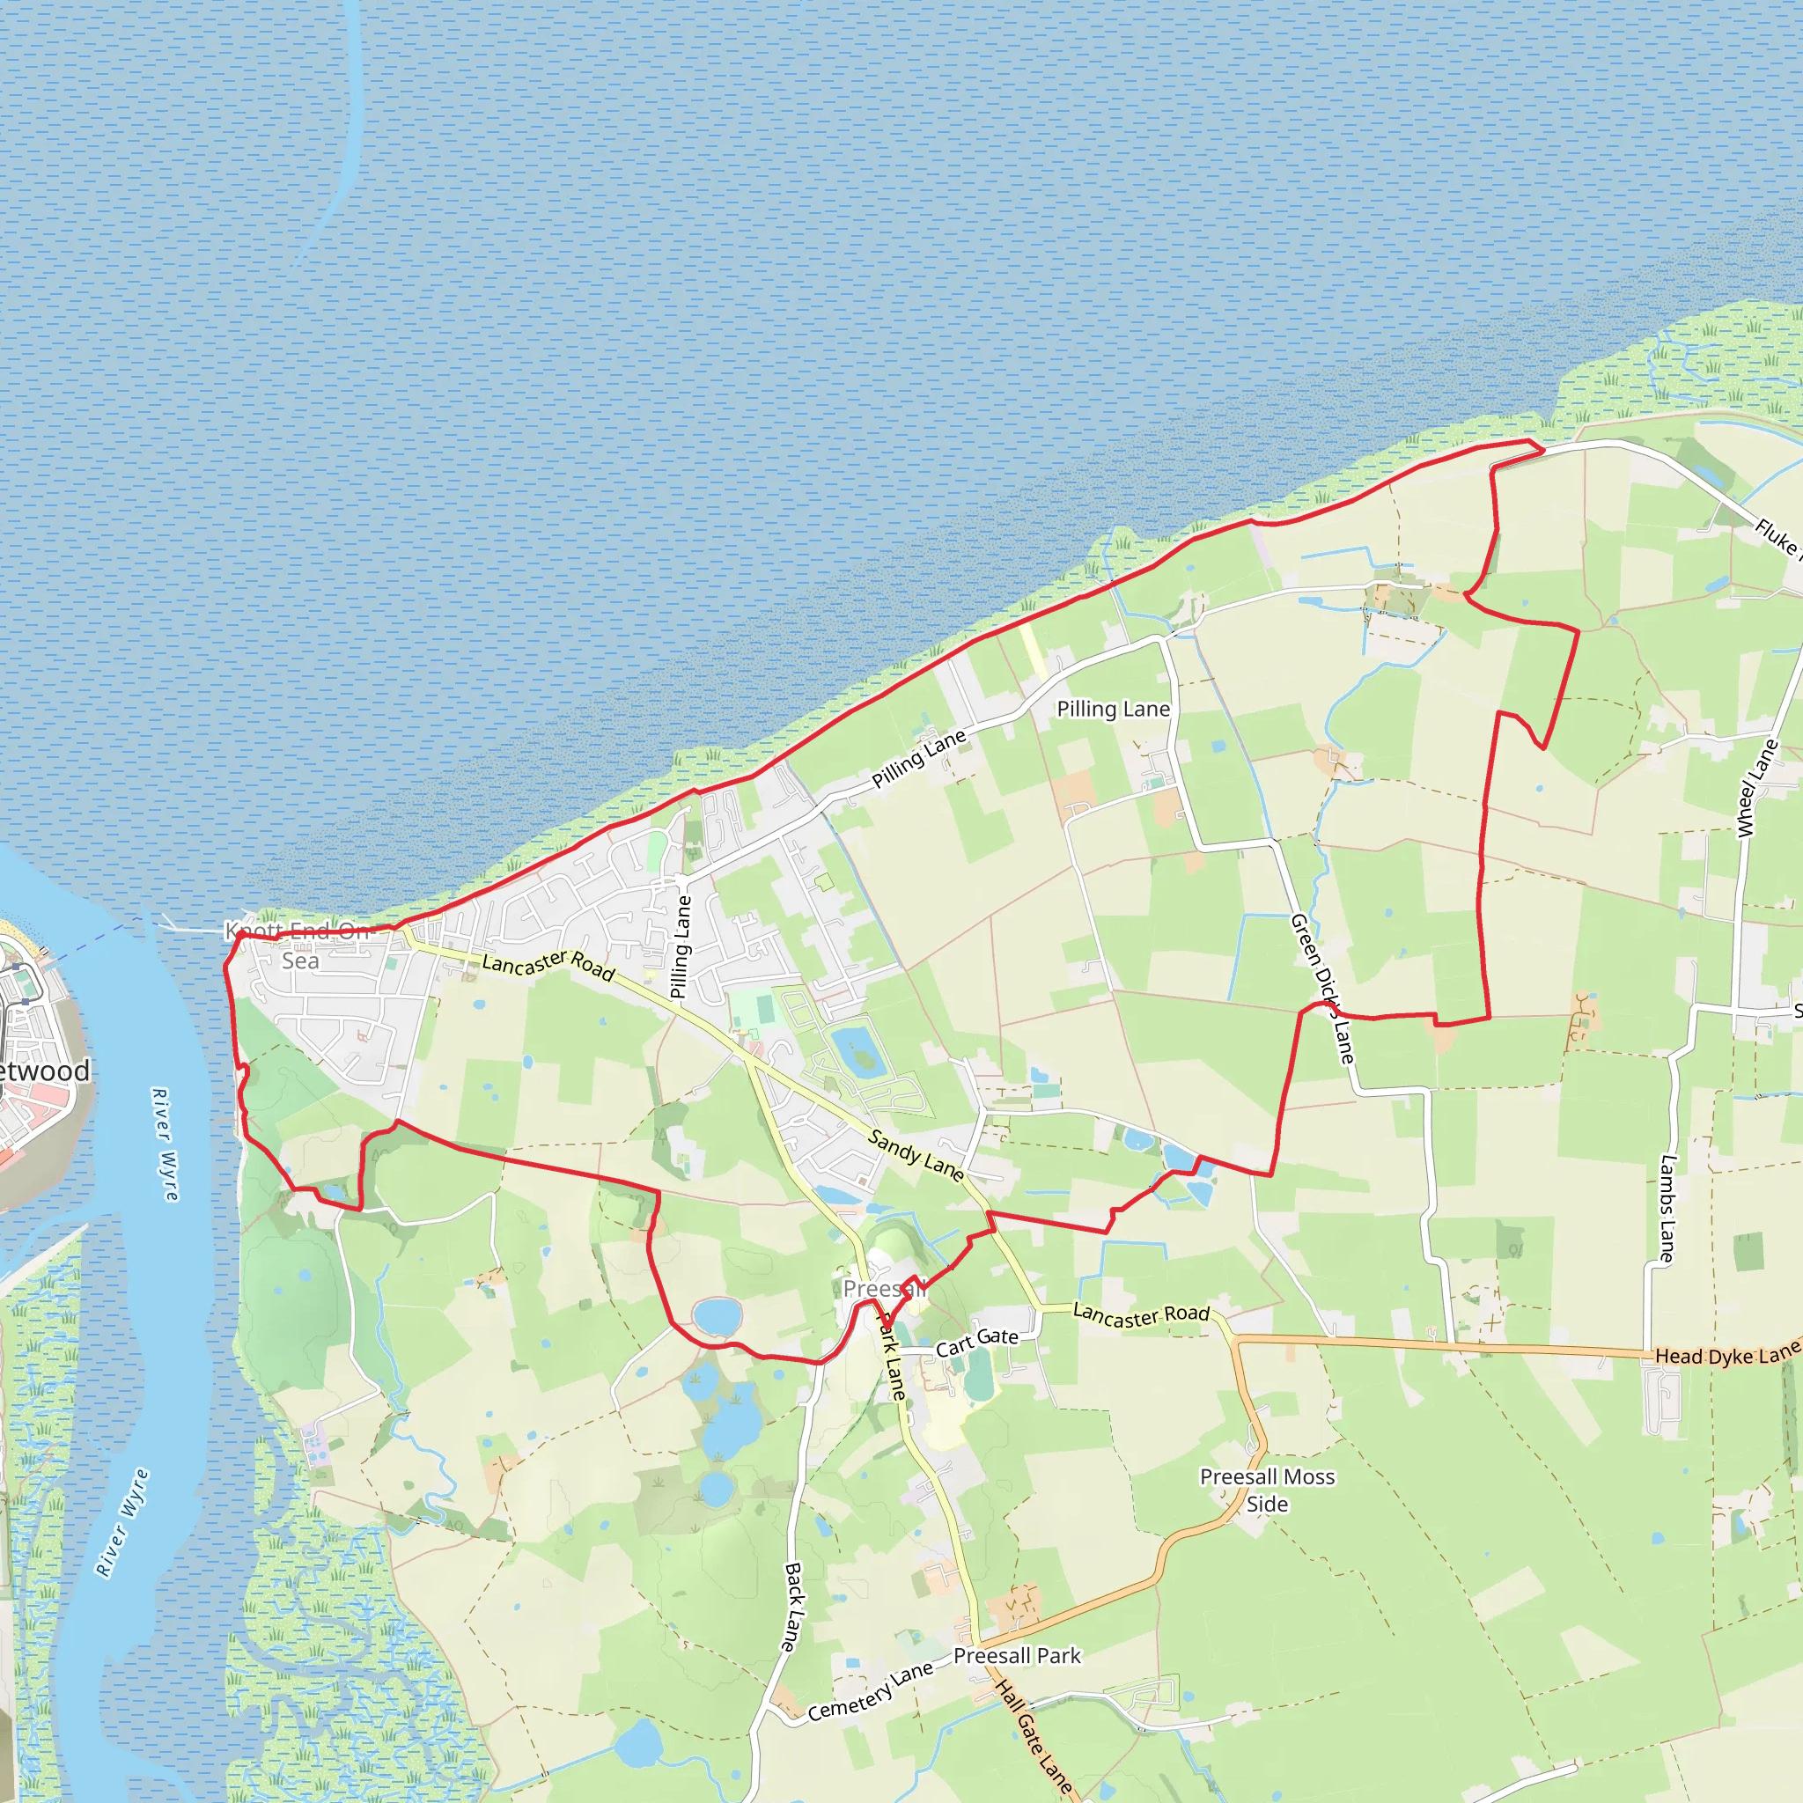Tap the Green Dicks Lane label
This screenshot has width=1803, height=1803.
[1321, 989]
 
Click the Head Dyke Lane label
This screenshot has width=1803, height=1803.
[1726, 1354]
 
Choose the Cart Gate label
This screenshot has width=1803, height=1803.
[977, 1341]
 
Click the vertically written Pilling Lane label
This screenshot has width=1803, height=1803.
[682, 946]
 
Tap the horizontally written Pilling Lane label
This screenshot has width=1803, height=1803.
[1114, 710]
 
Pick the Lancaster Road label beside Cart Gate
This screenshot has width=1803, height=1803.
[1140, 1315]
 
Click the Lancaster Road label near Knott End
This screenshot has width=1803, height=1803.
[548, 966]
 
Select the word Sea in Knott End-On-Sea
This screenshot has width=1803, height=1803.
[299, 961]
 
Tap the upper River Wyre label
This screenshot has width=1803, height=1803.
[165, 1144]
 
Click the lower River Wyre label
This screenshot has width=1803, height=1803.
[122, 1522]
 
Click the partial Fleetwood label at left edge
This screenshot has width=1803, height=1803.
[44, 1071]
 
